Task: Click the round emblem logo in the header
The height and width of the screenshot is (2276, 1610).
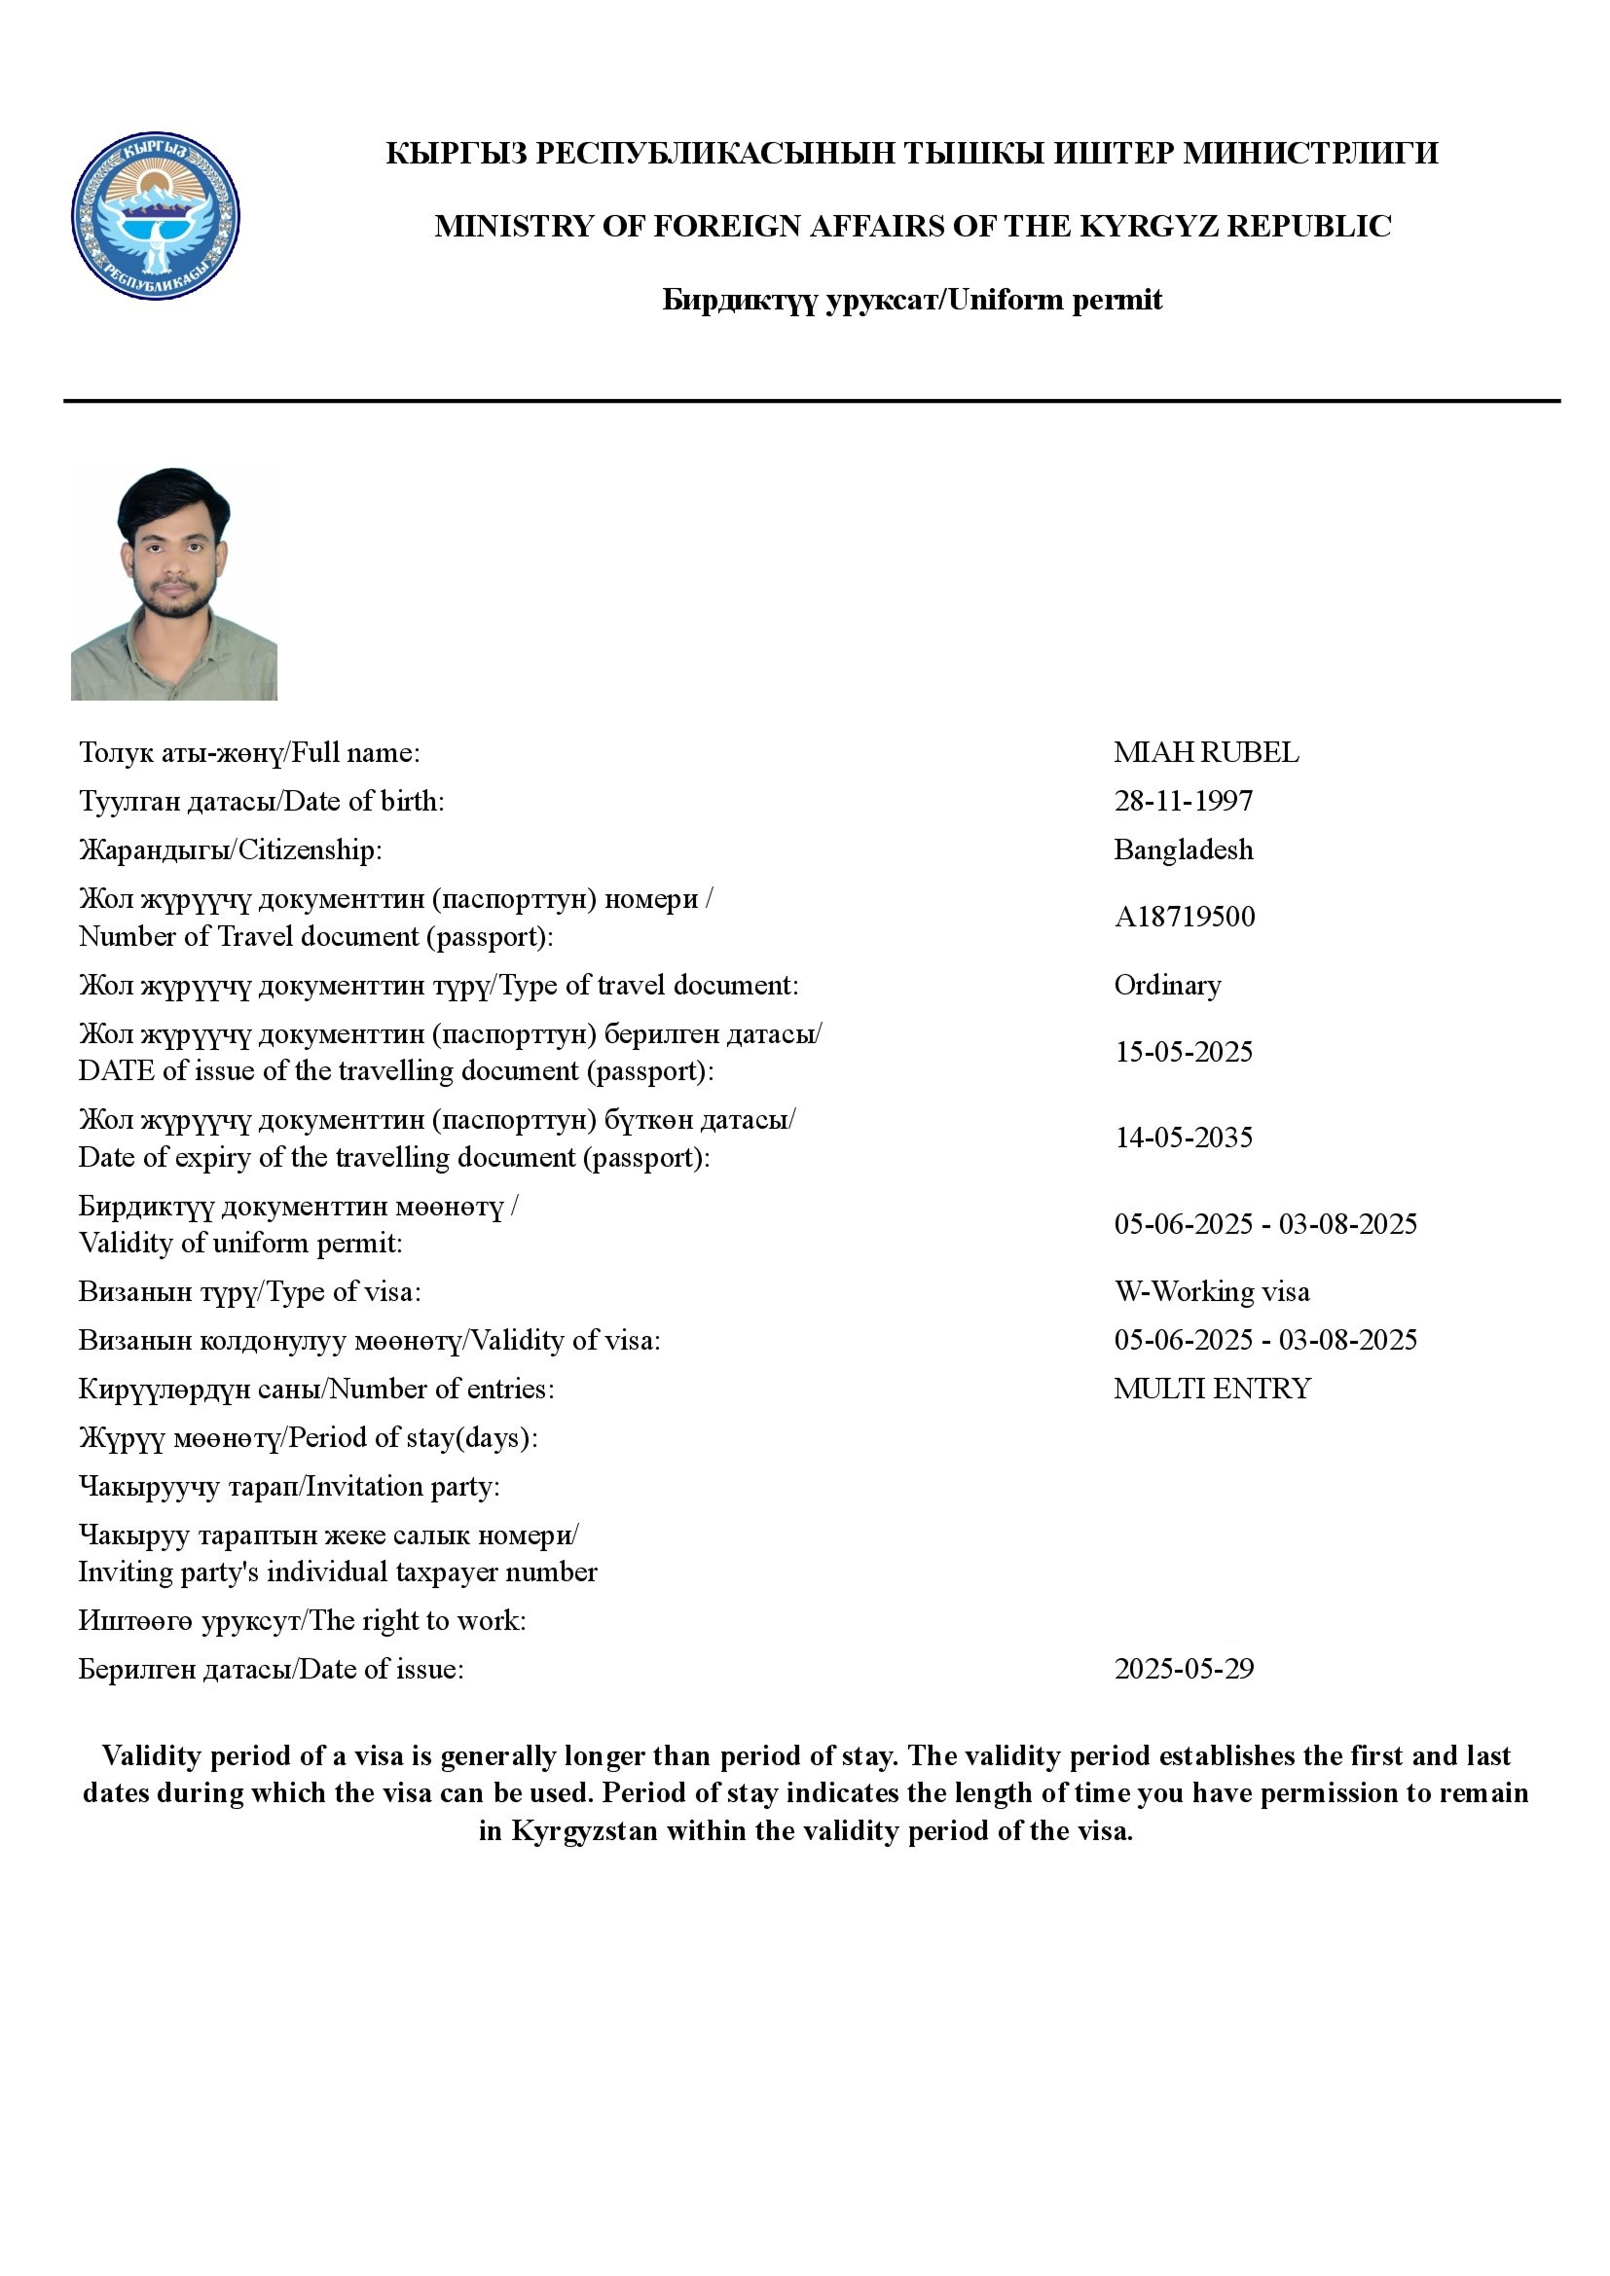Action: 156,216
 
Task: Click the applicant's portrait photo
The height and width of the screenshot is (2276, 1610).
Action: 173,584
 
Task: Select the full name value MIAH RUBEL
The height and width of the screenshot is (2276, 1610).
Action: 1205,752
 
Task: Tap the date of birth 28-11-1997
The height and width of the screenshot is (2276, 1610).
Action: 1183,801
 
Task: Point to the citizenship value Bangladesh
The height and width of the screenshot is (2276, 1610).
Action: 1183,849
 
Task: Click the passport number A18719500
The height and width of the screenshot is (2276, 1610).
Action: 1184,917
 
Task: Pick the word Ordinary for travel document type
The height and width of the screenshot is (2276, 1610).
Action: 1167,986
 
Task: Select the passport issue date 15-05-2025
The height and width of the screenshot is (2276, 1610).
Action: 1183,1052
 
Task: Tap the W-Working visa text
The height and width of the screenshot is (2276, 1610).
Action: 1212,1291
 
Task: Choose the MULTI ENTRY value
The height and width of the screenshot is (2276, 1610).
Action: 1212,1389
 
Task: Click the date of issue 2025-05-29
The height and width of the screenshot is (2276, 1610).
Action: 1184,1670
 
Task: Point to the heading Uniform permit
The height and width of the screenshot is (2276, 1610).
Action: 1055,300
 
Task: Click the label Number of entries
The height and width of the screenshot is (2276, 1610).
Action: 441,1389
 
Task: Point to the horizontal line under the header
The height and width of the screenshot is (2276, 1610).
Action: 811,401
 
